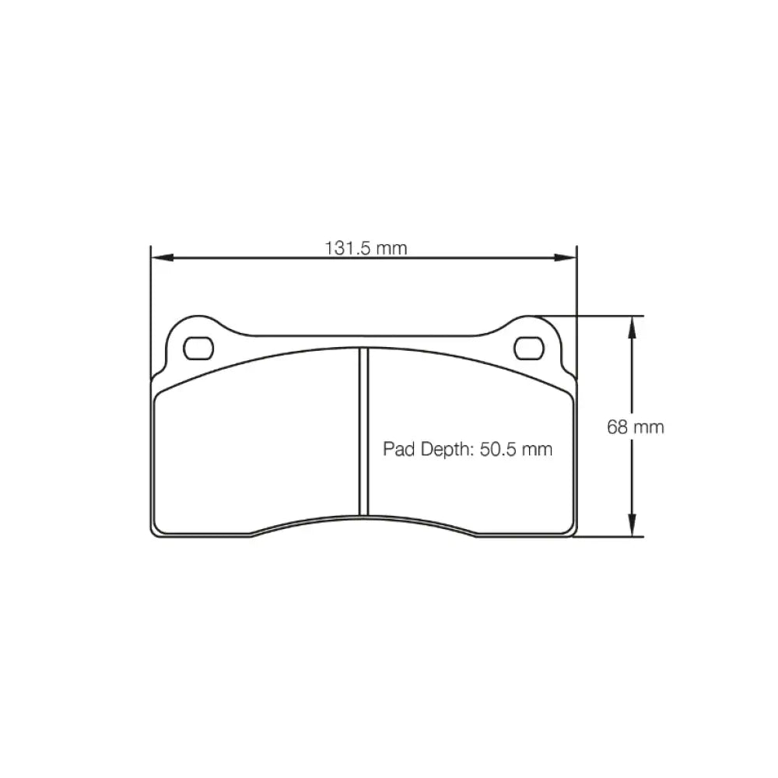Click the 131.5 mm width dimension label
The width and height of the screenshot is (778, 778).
[x=366, y=248]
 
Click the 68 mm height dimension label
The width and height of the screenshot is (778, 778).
[x=636, y=427]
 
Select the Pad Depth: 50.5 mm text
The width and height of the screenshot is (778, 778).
[x=468, y=450]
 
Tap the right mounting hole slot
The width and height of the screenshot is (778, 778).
[x=531, y=347]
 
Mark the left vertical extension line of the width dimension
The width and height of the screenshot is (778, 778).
[x=149, y=311]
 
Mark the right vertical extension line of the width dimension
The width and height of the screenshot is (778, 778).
[x=576, y=311]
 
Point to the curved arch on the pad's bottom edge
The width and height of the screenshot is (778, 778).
[x=363, y=519]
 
